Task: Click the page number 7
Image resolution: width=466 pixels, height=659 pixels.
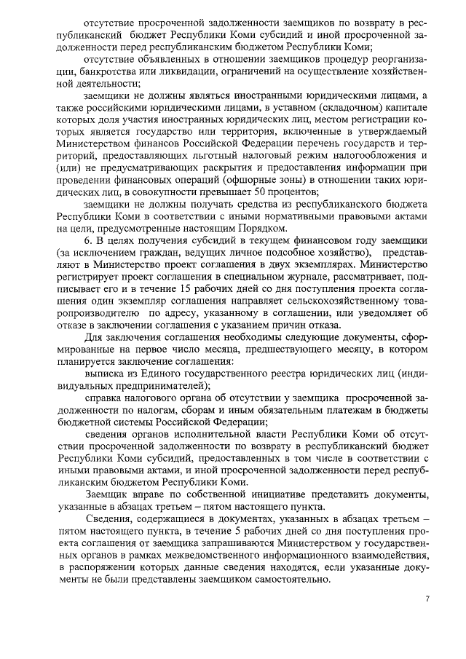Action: tap(427, 599)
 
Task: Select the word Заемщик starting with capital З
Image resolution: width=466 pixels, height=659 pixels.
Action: tap(107, 495)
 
